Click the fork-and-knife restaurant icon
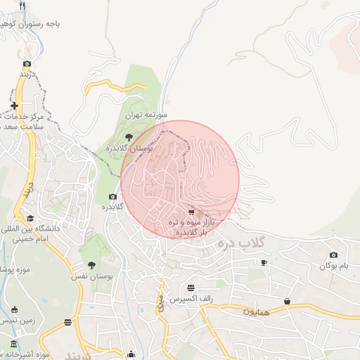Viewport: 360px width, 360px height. [23, 6]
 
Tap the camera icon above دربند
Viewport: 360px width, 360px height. [27, 63]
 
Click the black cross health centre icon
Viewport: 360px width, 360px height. [14, 106]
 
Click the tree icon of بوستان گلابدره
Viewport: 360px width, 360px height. [128, 138]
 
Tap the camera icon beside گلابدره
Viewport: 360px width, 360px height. [112, 197]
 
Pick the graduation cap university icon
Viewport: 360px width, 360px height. [30, 219]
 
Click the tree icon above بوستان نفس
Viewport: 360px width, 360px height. [91, 265]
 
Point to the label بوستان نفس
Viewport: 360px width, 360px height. [91, 277]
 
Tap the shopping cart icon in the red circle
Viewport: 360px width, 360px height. [191, 212]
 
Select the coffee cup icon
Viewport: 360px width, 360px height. [264, 262]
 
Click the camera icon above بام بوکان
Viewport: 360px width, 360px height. [333, 255]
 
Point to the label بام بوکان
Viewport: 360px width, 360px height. [333, 266]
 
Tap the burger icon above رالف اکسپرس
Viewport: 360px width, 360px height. [191, 288]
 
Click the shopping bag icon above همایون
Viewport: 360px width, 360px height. [287, 301]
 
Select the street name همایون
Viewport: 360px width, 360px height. [256, 310]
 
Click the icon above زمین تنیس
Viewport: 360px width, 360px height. [14, 309]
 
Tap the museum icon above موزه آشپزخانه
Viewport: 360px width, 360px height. [14, 344]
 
